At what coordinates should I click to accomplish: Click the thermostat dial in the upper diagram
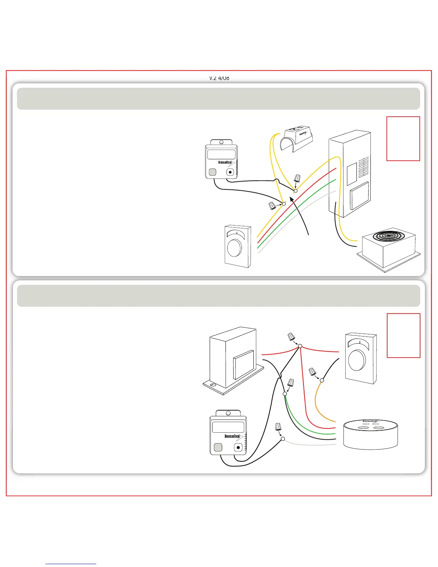pyautogui.click(x=234, y=248)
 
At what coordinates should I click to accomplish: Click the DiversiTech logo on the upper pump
pyautogui.click(x=225, y=163)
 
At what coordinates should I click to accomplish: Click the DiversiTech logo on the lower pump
pyautogui.click(x=233, y=436)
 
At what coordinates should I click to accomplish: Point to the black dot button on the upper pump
pyautogui.click(x=230, y=172)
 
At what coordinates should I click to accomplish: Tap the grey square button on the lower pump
pyautogui.click(x=218, y=447)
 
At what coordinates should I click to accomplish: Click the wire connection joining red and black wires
pyautogui.click(x=300, y=346)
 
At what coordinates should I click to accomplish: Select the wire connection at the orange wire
pyautogui.click(x=322, y=380)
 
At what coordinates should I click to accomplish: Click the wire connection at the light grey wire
pyautogui.click(x=283, y=439)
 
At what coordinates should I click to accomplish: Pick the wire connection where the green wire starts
pyautogui.click(x=285, y=394)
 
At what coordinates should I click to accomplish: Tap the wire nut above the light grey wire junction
pyautogui.click(x=278, y=427)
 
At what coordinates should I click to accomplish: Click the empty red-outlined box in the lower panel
pyautogui.click(x=403, y=335)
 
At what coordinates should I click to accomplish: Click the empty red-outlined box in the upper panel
pyautogui.click(x=403, y=139)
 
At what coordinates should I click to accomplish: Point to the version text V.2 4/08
pyautogui.click(x=219, y=78)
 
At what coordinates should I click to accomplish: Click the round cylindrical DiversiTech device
pyautogui.click(x=370, y=434)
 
